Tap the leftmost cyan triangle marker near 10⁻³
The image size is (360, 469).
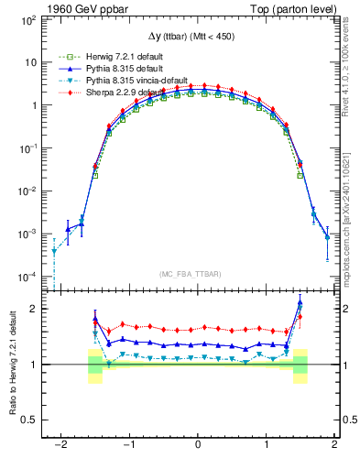(x=54, y=251)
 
